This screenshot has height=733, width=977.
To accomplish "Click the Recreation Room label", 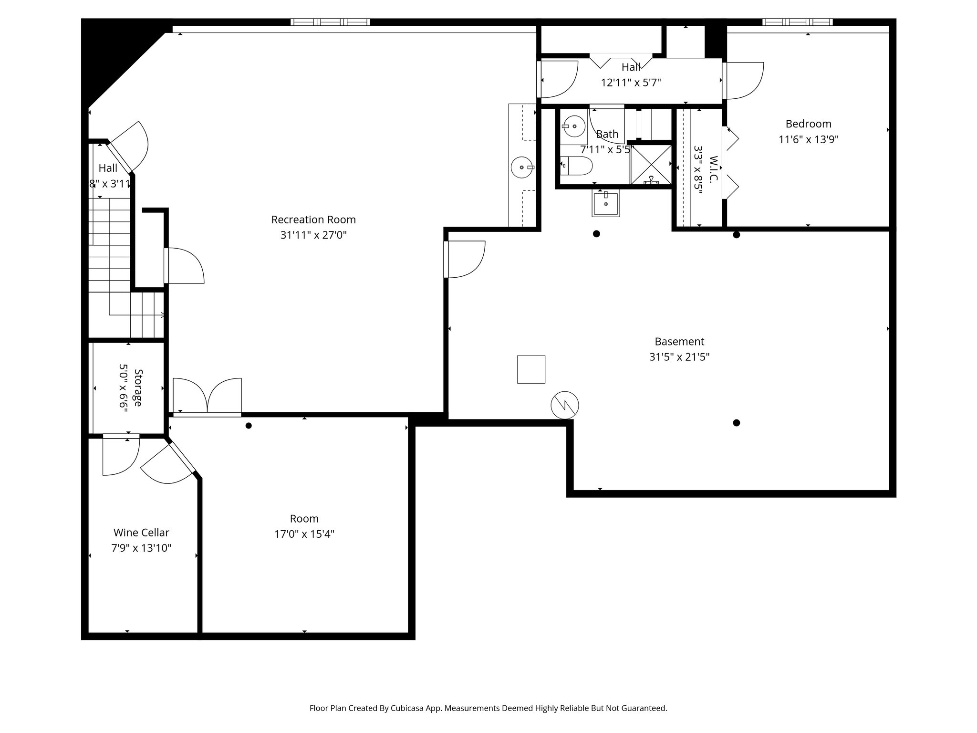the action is [x=313, y=220].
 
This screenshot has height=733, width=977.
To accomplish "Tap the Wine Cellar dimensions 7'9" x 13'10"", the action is [x=141, y=548].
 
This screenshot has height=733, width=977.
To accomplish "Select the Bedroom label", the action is [x=808, y=124].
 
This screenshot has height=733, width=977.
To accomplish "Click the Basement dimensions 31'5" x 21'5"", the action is [x=679, y=357].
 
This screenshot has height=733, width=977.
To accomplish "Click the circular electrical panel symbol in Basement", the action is [x=565, y=406].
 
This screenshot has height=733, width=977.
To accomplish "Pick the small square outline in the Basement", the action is [x=531, y=369].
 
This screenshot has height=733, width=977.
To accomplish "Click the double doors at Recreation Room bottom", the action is [x=207, y=396].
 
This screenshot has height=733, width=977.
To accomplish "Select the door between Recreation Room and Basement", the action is [x=465, y=259].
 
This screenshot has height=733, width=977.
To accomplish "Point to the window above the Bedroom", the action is [x=797, y=22].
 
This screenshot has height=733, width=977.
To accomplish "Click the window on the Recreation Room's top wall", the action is [x=330, y=22].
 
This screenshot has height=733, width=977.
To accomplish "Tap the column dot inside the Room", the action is [x=249, y=426].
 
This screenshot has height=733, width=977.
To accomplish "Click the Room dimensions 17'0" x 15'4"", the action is [x=304, y=534].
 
